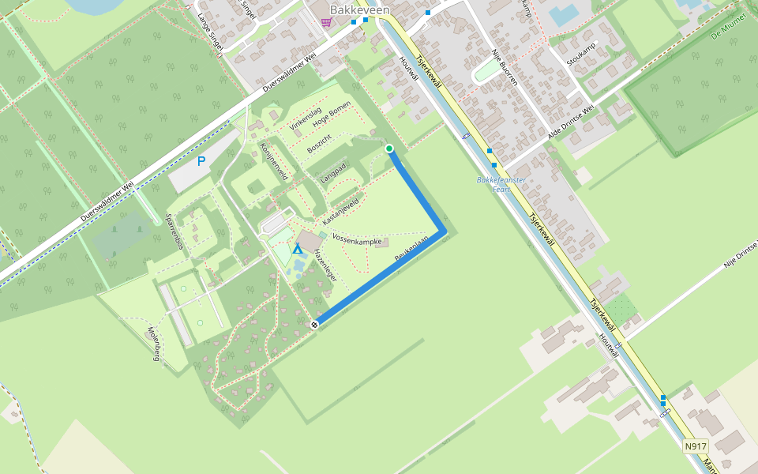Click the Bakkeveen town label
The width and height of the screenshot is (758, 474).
tap(359, 9)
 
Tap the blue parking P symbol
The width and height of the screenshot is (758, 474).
tap(201, 161)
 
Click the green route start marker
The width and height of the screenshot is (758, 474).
tap(389, 149)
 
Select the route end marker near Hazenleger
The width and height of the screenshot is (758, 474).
tap(315, 324)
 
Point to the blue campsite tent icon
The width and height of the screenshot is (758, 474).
tap(298, 250)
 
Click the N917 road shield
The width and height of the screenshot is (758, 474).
tap(695, 446)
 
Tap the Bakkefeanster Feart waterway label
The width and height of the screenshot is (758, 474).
tap(501, 184)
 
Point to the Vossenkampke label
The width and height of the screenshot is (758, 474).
tap(358, 239)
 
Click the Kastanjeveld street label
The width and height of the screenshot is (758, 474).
tap(341, 209)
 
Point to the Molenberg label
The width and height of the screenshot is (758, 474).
tap(154, 344)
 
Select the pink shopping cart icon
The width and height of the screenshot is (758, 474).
tap(326, 23)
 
